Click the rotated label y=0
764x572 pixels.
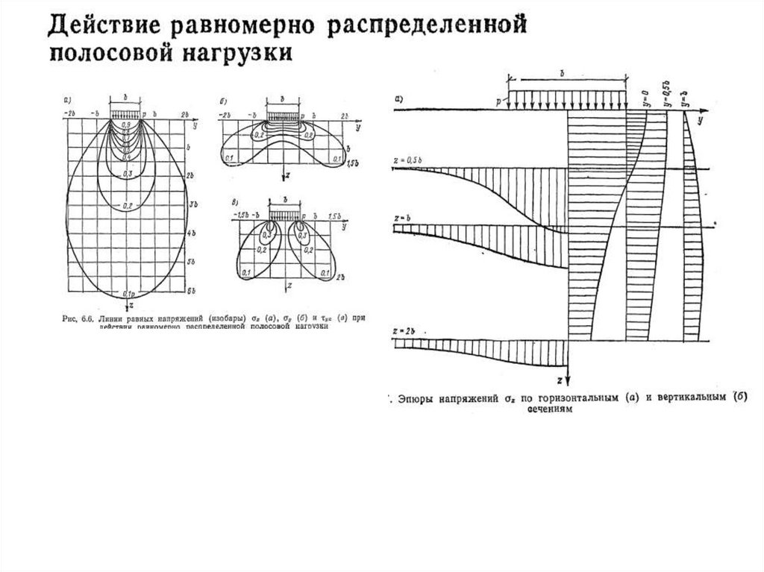pos(645,96)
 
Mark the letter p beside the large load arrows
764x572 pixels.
pos(506,98)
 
